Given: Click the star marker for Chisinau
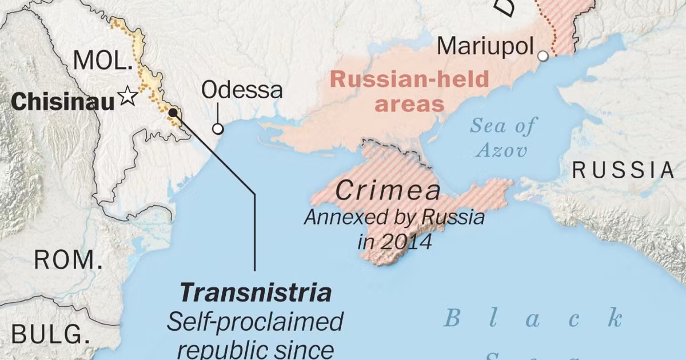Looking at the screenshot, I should tap(127, 97).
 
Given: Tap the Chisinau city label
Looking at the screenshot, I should tap(63, 102).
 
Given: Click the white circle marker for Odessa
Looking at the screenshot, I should tap(218, 129).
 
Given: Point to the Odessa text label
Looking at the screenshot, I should tap(242, 90).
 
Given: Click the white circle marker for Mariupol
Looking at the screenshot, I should tap(543, 56).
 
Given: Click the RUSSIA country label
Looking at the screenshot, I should tap(624, 170).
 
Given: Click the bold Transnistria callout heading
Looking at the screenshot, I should tap(256, 293).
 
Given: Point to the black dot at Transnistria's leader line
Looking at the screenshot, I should tap(173, 113).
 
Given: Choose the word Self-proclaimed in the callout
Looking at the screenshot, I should tap(255, 322).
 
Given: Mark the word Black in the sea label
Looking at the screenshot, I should tap(532, 318).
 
